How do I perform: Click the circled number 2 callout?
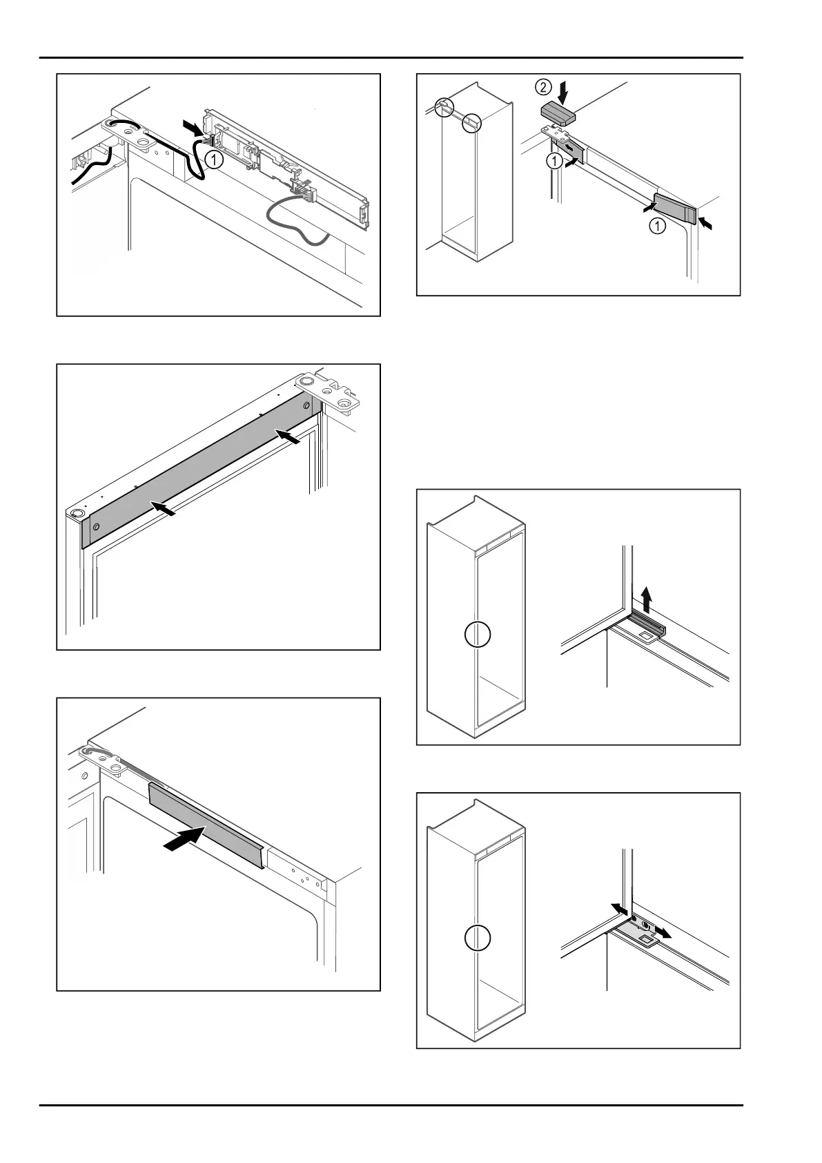[x=544, y=87]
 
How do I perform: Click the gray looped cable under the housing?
[x=290, y=220]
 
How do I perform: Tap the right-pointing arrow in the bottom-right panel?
[x=663, y=933]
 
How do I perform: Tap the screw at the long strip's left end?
[x=95, y=526]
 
